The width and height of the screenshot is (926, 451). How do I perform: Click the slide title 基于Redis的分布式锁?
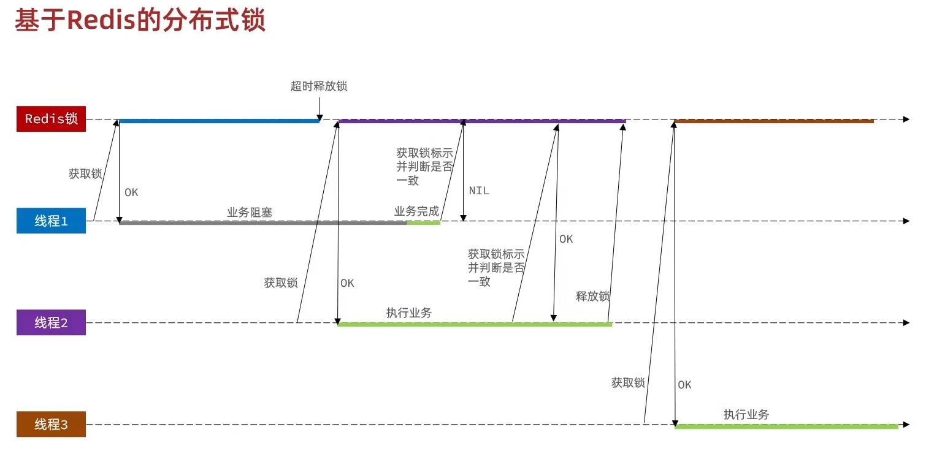click(140, 20)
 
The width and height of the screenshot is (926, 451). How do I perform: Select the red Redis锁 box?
click(51, 119)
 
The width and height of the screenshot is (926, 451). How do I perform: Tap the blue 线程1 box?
click(51, 221)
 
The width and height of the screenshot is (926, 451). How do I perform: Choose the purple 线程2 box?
click(51, 322)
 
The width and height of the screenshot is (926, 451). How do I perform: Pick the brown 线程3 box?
click(51, 424)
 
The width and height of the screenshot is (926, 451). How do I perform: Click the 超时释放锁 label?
click(319, 86)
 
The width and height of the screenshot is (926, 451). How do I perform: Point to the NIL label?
click(479, 191)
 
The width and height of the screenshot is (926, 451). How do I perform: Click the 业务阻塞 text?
click(250, 212)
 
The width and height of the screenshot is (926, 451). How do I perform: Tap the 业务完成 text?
click(416, 211)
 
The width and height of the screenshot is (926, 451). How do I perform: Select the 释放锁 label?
click(593, 297)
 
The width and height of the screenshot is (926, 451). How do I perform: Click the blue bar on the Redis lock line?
click(219, 121)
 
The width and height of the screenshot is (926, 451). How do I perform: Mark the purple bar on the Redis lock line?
click(482, 121)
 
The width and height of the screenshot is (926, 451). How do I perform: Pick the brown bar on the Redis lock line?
click(773, 121)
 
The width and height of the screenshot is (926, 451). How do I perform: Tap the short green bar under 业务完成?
click(424, 223)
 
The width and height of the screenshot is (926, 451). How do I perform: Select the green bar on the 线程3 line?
click(786, 426)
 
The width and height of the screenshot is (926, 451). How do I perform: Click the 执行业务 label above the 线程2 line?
click(409, 313)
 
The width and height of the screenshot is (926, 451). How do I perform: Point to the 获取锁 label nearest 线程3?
click(628, 383)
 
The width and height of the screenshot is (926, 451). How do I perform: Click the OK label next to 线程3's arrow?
click(684, 385)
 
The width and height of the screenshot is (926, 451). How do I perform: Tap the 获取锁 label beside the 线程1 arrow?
click(85, 173)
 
